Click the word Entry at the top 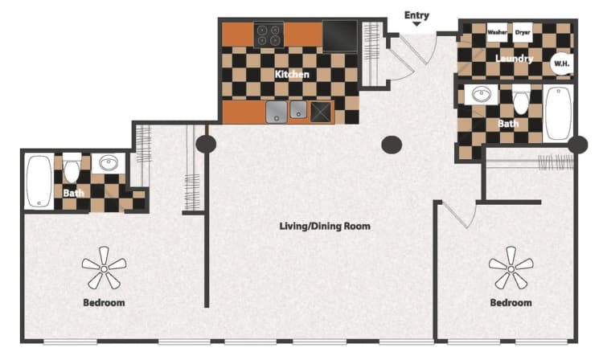point(416,14)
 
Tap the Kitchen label point(292,74)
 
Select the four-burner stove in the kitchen point(269,35)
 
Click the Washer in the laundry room point(498,33)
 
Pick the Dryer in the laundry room point(523,33)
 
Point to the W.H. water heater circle point(560,63)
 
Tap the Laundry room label point(514,59)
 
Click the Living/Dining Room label point(325,226)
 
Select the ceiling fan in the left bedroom point(104,268)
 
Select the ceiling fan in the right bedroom point(511,267)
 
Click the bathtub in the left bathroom point(38,182)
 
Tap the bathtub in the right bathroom point(557,112)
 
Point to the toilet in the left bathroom point(72,170)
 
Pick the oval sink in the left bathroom point(108,164)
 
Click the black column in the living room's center point(392,145)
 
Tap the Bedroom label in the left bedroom point(104,303)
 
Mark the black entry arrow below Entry point(416,25)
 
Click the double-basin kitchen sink point(286,111)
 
